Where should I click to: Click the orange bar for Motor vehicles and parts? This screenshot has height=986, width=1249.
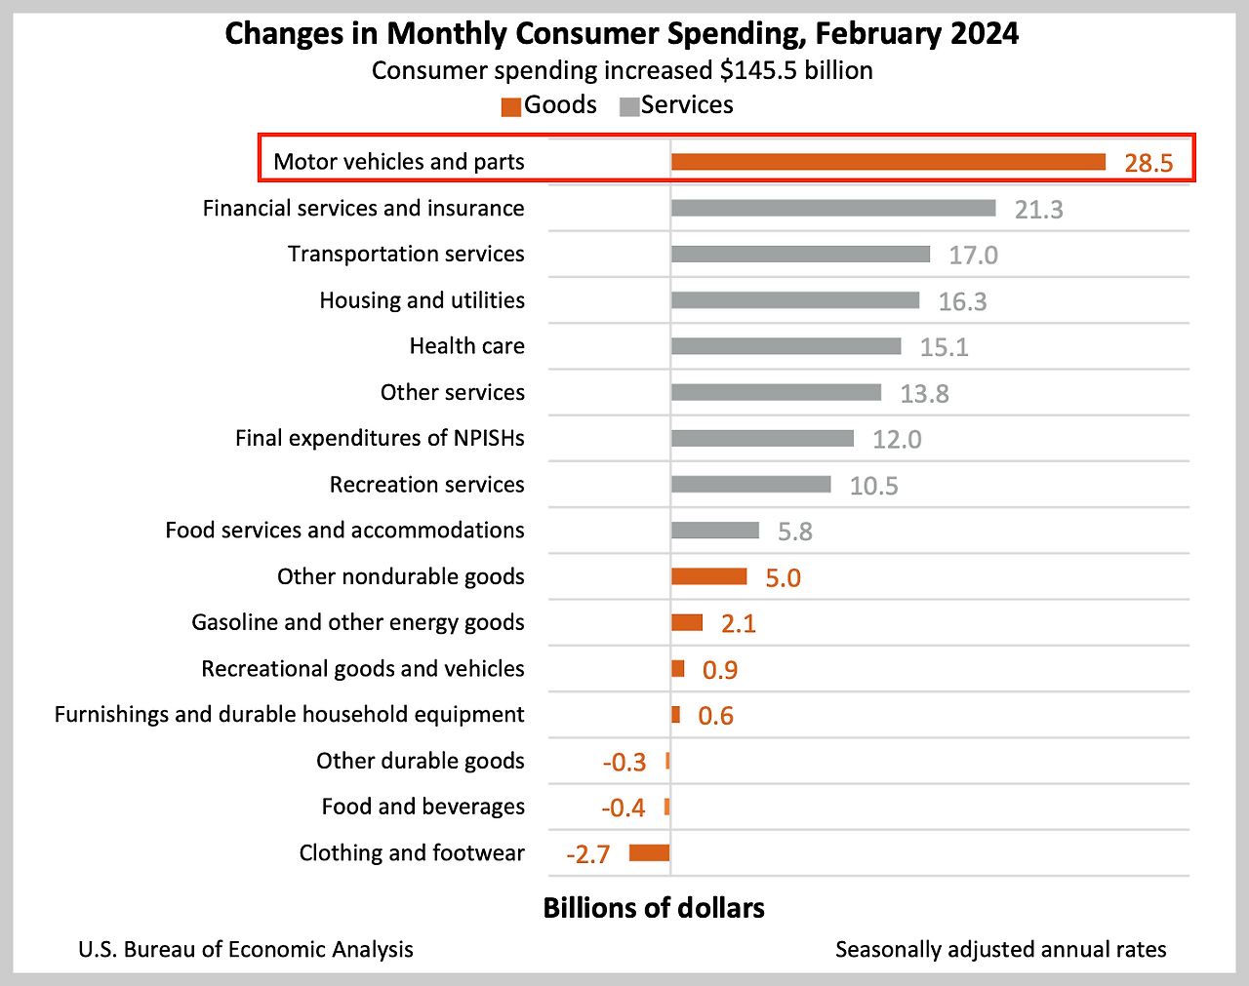pos(888,162)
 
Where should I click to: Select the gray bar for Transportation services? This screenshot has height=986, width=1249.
pos(800,255)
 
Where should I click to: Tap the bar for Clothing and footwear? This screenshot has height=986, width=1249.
pos(649,853)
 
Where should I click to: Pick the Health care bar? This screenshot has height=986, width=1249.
pos(786,346)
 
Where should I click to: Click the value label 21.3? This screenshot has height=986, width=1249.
pos(1038,210)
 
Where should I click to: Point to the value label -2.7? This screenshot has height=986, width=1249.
pos(588,855)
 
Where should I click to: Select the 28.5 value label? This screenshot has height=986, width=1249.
pos(1148,163)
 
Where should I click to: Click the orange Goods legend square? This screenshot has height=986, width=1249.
pos(511,106)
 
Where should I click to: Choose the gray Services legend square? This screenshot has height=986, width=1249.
pos(629,106)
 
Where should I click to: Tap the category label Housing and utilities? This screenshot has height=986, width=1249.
pos(422,300)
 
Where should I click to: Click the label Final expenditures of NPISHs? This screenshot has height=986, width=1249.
pos(380,439)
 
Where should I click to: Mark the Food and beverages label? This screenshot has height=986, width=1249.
pos(423,807)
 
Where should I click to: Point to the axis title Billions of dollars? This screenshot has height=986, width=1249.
pos(654,908)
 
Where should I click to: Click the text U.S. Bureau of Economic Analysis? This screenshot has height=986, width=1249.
pos(246,950)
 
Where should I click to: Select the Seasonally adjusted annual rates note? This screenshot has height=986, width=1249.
pos(1000,950)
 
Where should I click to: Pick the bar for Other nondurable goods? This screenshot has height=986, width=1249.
pos(708,576)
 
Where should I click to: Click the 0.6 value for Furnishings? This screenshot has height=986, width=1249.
pos(715,717)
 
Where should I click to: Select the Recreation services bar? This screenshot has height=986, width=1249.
pos(750,485)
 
